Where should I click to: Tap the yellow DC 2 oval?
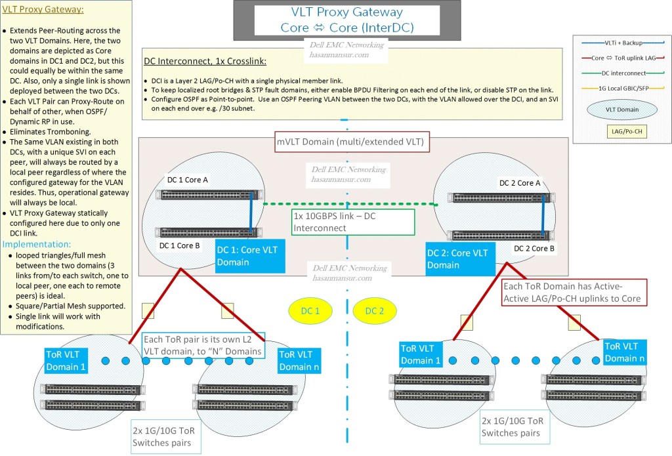pos(373,310)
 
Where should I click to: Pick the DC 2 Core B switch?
pos(497,236)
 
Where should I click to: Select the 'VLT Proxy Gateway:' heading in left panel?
pos(43,10)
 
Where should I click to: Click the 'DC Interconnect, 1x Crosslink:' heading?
pos(205,62)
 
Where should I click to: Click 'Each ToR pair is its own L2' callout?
pos(204,345)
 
